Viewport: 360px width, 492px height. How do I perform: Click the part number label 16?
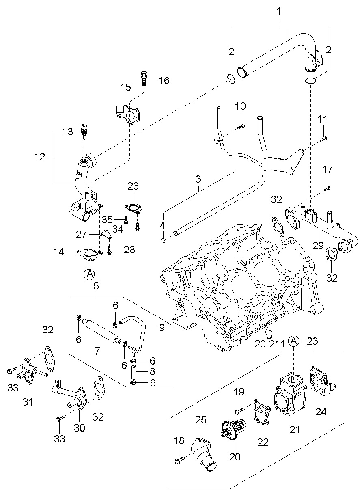pos(164,80)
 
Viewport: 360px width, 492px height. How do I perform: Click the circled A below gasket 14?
pos(89,274)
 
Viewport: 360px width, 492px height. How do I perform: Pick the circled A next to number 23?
pos(294,341)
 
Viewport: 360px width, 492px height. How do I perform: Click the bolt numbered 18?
pos(178,460)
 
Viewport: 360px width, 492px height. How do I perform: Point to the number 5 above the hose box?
pos(96,286)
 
